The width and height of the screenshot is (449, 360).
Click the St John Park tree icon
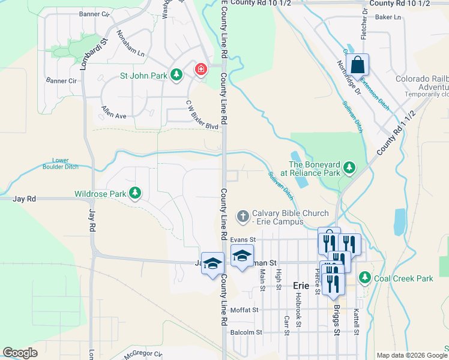pyautogui.click(x=176, y=75)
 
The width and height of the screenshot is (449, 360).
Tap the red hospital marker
pyautogui.click(x=200, y=70)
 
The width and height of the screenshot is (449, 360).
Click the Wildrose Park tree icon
pyautogui.click(x=136, y=193)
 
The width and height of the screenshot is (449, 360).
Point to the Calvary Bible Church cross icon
pyautogui.click(x=243, y=215)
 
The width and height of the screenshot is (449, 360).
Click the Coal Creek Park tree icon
pyautogui.click(x=364, y=278)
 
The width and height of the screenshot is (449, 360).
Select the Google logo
pyautogui.click(x=20, y=353)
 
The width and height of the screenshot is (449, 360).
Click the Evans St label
pyautogui.click(x=243, y=239)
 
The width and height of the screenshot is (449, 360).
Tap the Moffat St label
pyautogui.click(x=246, y=310)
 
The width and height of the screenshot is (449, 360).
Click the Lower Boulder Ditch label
pyautogui.click(x=61, y=164)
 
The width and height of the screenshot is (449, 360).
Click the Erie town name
pyautogui.click(x=301, y=286)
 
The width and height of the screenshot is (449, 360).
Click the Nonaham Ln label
pyautogui.click(x=131, y=44)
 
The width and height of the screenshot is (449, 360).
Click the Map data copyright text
pyautogui.click(x=411, y=355)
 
